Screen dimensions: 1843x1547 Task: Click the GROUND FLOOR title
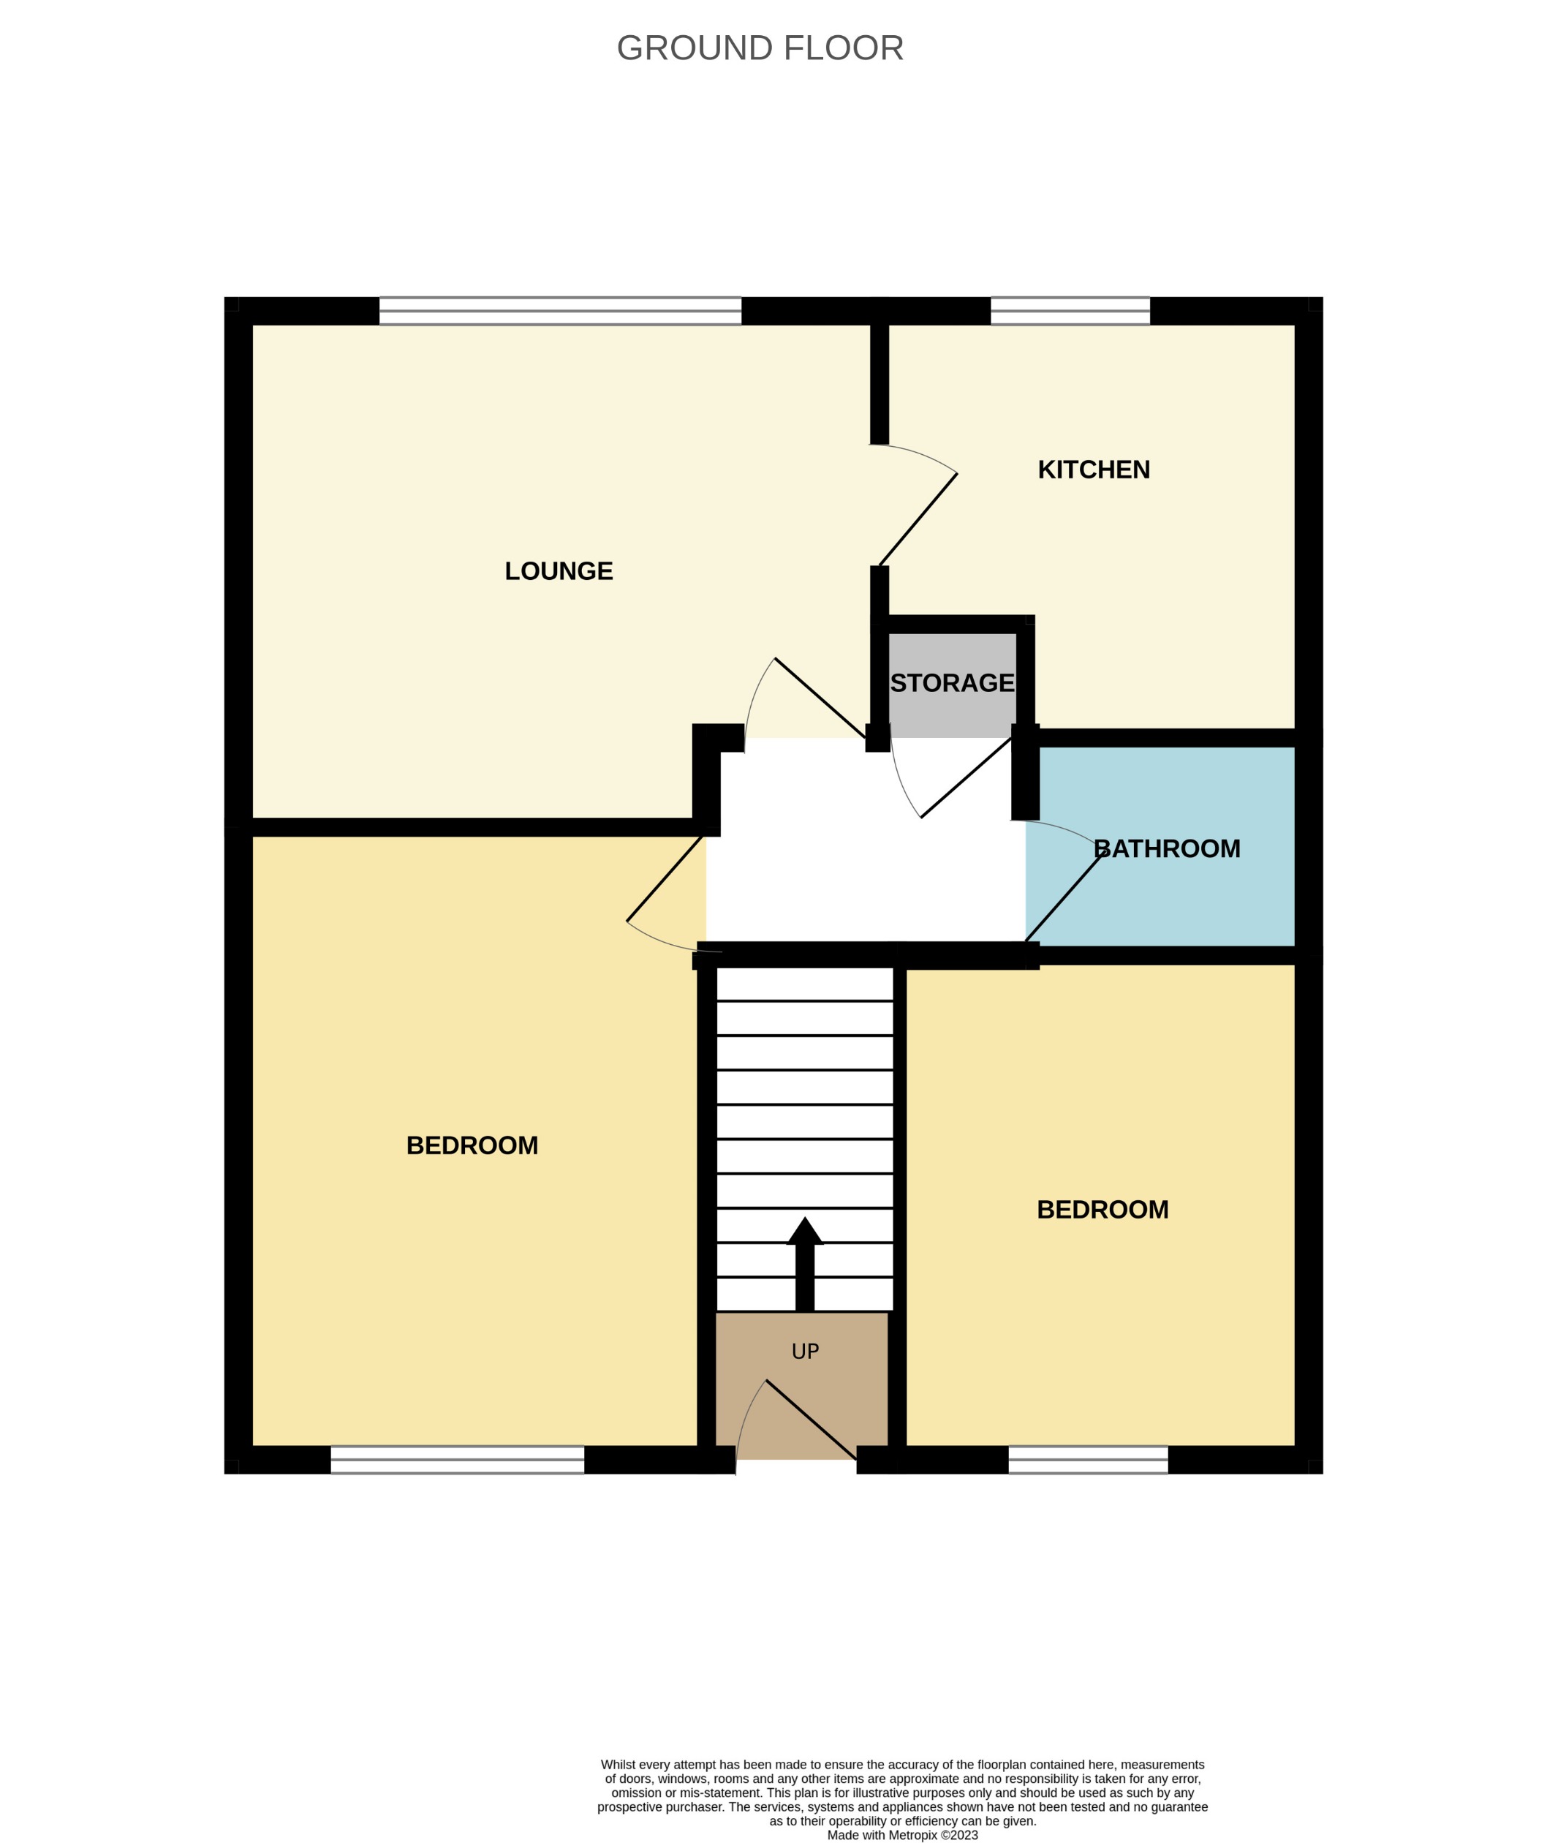click(760, 48)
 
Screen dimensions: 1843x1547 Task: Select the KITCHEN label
click(1093, 470)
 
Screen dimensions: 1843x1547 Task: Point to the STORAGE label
click(952, 683)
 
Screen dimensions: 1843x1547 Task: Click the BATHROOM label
click(1166, 848)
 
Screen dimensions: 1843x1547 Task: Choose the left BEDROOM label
click(472, 1145)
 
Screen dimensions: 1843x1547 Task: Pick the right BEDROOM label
click(1102, 1210)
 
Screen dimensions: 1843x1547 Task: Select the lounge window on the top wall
click(560, 311)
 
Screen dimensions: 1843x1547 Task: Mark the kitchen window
click(1070, 311)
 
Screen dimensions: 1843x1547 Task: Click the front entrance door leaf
click(812, 1420)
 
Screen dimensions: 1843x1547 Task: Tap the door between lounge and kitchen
click(918, 519)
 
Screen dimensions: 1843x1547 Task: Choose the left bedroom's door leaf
click(665, 878)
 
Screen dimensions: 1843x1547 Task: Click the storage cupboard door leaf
click(966, 777)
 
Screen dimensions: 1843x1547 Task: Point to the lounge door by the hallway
click(820, 698)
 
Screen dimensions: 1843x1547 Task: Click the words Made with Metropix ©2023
click(902, 1835)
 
